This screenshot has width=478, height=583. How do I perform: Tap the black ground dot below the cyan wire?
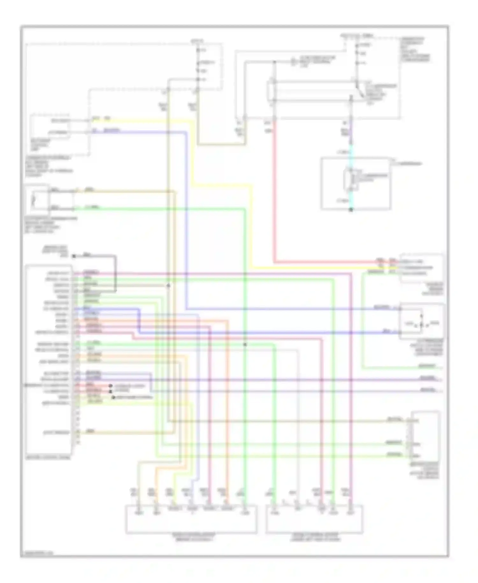351,210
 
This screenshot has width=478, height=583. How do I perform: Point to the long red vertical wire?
274,191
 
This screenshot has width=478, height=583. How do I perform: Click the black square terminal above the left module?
74,256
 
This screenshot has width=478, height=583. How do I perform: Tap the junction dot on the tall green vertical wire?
245,344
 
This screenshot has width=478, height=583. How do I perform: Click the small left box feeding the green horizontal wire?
37,200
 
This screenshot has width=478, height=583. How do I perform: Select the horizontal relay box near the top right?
312,92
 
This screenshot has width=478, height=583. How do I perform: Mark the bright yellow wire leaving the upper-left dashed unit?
143,121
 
